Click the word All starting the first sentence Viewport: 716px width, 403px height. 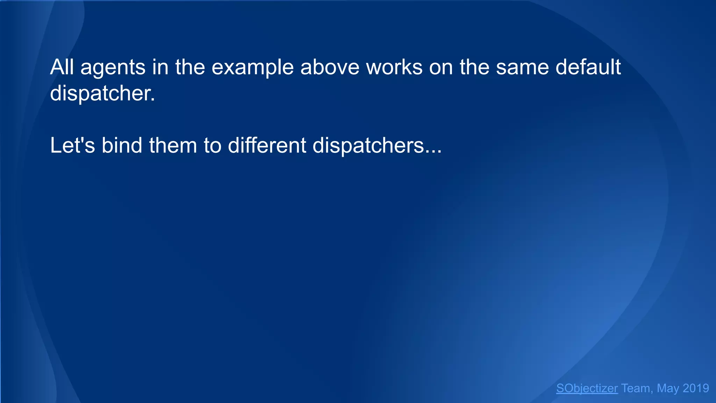pyautogui.click(x=63, y=67)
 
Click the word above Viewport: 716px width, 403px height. pyautogui.click(x=330, y=67)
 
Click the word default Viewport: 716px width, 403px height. pyautogui.click(x=588, y=67)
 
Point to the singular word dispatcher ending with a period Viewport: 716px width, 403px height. pyautogui.click(x=102, y=94)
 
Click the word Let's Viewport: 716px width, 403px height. pyautogui.click(x=72, y=146)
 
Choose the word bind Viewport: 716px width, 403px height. pyautogui.click(x=122, y=146)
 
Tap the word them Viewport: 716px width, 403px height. pyautogui.click(x=173, y=146)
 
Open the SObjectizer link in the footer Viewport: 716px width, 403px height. pyautogui.click(x=587, y=388)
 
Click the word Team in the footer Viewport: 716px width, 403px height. pyautogui.click(x=635, y=388)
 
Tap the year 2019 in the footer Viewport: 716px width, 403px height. pyautogui.click(x=696, y=388)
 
